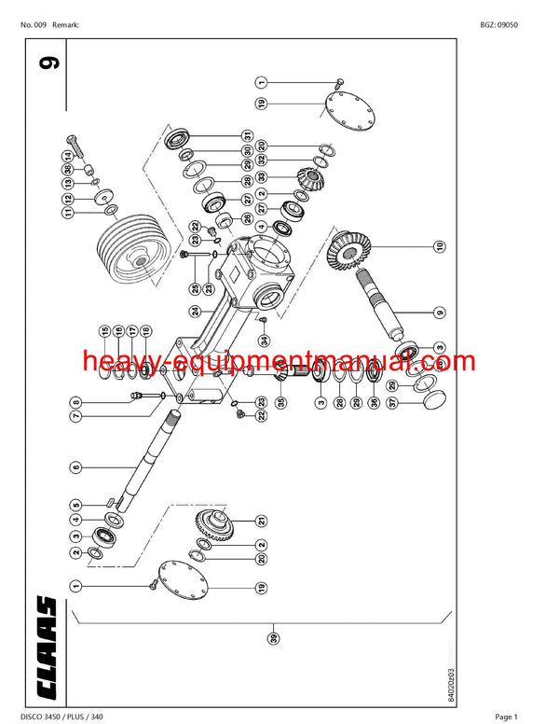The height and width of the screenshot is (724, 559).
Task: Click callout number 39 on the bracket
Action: [x=274, y=637]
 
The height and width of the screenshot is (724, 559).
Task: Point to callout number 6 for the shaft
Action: [x=76, y=466]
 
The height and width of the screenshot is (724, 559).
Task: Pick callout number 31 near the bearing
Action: [x=249, y=136]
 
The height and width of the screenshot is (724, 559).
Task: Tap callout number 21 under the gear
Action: [x=263, y=520]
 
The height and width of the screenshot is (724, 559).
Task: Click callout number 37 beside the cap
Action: [x=393, y=403]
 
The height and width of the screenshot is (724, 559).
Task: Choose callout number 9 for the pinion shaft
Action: [x=439, y=312]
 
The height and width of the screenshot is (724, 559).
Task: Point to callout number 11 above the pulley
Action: [x=67, y=214]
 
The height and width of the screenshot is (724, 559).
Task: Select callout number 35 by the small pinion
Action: [x=281, y=402]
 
